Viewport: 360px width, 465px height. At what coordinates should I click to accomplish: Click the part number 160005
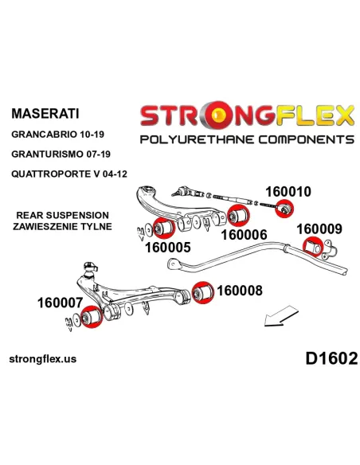(x=167, y=248)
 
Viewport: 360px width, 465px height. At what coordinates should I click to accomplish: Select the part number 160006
(x=244, y=235)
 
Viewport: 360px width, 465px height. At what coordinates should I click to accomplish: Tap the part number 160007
(x=60, y=303)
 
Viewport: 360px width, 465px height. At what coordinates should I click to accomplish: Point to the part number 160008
(x=240, y=291)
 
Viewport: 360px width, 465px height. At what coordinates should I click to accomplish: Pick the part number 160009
(x=319, y=229)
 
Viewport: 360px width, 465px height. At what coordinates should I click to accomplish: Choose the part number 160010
(x=288, y=192)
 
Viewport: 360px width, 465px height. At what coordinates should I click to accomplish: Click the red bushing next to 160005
(x=164, y=228)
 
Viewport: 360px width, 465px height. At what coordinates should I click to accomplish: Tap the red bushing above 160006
(x=239, y=216)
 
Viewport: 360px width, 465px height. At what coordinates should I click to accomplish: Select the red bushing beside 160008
(x=203, y=293)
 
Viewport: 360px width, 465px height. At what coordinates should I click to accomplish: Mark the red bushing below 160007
(x=92, y=317)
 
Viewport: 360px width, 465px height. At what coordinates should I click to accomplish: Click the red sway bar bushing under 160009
(x=313, y=247)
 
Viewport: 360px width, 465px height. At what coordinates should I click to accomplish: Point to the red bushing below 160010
(x=284, y=209)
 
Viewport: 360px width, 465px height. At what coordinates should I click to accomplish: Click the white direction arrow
(x=281, y=316)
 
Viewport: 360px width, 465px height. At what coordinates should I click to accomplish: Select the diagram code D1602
(x=331, y=358)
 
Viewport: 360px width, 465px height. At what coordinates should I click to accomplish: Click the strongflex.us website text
(x=43, y=359)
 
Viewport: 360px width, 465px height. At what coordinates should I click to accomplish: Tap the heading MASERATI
(x=45, y=114)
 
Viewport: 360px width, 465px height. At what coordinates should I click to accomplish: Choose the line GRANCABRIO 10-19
(x=58, y=135)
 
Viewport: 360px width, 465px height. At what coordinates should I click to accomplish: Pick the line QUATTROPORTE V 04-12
(x=69, y=174)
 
